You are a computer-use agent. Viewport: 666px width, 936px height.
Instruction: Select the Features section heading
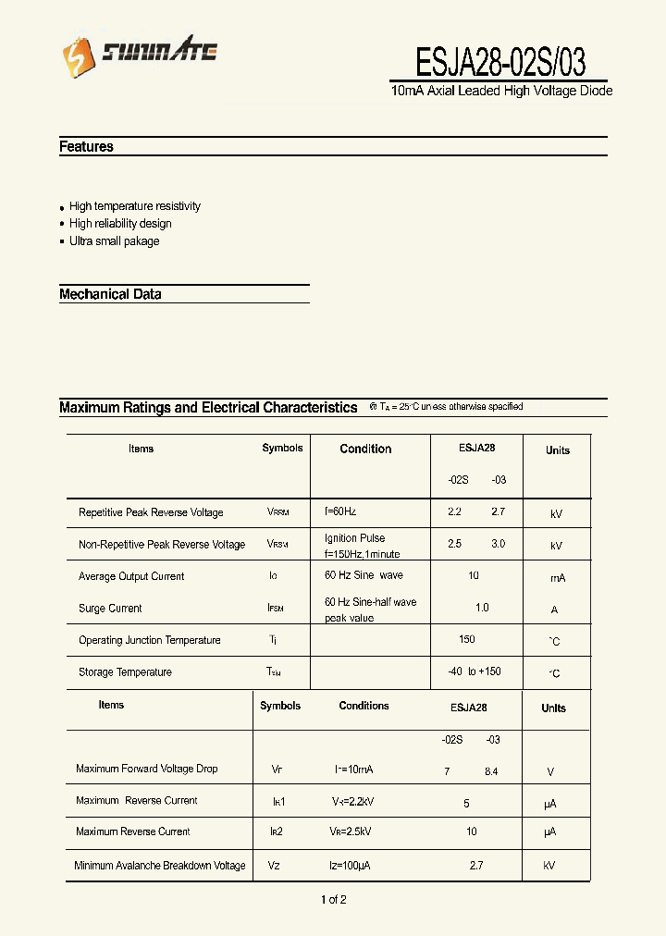86,146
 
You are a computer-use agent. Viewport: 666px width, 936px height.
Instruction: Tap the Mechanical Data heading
110,294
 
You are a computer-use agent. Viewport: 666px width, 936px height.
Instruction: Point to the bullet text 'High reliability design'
120,223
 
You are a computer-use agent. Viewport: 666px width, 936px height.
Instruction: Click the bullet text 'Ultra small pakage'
114,240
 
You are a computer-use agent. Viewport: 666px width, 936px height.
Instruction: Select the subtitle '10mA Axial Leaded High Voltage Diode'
501,91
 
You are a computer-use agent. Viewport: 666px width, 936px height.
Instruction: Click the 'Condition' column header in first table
365,449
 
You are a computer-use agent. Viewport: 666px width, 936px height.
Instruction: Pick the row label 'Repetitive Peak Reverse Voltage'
151,512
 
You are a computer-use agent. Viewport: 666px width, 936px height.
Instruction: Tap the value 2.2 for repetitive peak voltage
454,511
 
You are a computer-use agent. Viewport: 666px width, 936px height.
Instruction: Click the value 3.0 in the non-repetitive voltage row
498,544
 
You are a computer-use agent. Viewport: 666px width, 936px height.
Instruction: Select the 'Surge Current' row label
110,609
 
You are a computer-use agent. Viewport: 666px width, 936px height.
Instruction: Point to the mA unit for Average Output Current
557,577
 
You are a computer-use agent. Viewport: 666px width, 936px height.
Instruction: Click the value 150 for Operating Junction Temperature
467,639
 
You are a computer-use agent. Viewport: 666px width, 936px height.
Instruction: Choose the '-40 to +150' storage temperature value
474,671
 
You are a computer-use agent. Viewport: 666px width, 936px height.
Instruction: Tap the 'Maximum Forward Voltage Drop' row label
146,769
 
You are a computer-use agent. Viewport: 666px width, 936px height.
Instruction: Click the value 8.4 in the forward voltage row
490,770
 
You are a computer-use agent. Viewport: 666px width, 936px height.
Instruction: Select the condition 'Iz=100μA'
351,865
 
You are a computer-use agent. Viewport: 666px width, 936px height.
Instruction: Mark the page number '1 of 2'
333,899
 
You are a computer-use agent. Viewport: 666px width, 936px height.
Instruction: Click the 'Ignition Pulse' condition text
354,538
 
